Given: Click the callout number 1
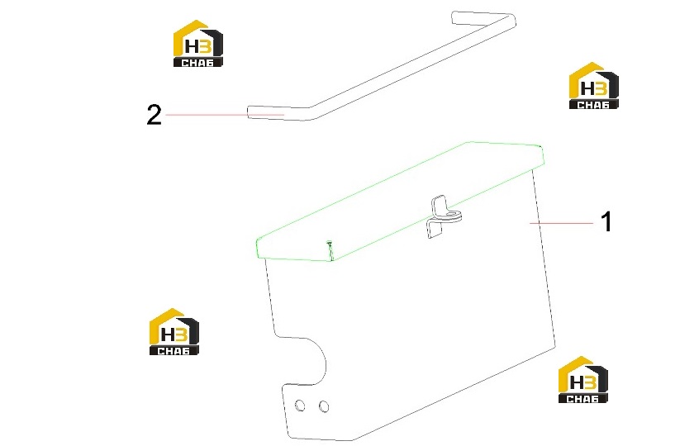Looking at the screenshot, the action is (x=606, y=221).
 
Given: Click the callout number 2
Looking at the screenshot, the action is (x=155, y=115).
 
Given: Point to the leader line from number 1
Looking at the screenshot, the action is (x=561, y=222).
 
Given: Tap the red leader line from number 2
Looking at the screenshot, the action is (x=225, y=115).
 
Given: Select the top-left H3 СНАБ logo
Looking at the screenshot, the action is (x=197, y=44).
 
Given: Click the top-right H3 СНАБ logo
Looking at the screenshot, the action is (x=593, y=86).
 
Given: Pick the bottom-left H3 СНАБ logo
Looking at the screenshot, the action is (x=174, y=331).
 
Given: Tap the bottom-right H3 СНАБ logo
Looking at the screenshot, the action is (x=582, y=380).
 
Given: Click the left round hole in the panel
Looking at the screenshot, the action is (x=300, y=406).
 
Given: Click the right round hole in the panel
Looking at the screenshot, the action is (x=324, y=406).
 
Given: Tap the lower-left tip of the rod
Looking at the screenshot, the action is (x=249, y=112).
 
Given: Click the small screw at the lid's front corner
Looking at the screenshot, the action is (x=330, y=244).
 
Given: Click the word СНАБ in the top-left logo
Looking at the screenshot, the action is (x=197, y=63).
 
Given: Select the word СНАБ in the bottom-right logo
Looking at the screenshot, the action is (x=582, y=399).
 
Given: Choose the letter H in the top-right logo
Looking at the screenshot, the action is (x=587, y=88).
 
